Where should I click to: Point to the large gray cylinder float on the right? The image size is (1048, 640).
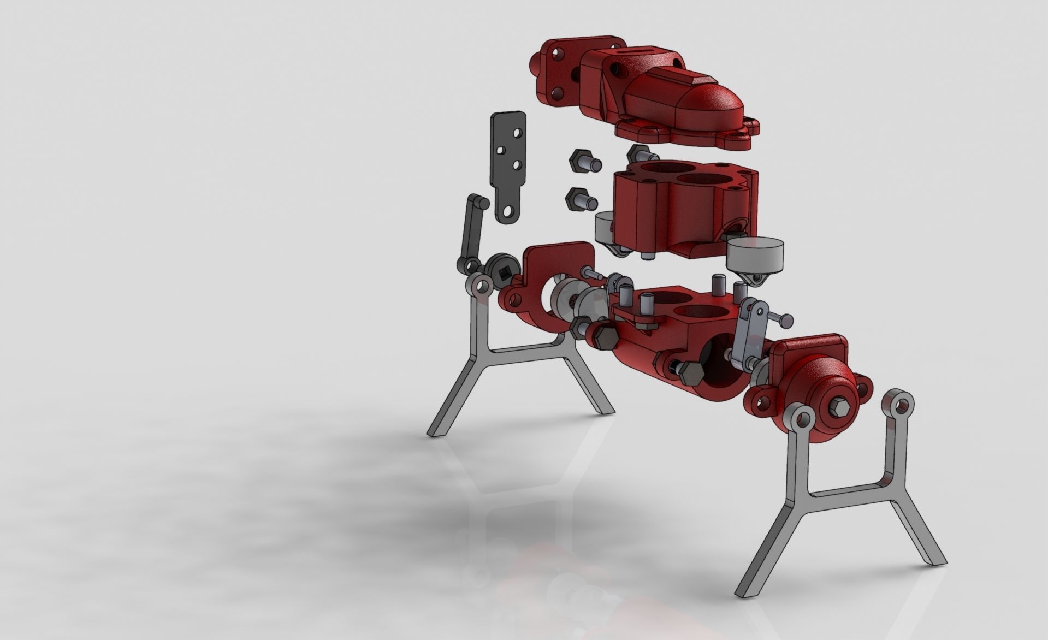[756, 256]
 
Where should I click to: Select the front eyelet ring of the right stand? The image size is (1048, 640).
[803, 420]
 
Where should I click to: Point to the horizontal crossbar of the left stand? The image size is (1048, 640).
[142, 349]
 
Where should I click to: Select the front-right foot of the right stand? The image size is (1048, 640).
[934, 560]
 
